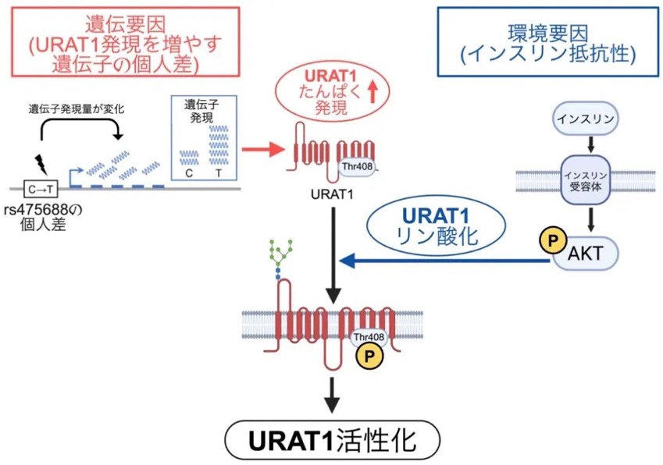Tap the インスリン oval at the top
[x=585, y=119]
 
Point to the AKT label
[x=585, y=254]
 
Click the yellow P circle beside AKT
[x=552, y=241]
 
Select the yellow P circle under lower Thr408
[x=369, y=356]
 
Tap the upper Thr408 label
[x=358, y=166]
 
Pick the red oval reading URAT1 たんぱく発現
[x=331, y=91]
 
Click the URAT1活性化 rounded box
[x=333, y=440]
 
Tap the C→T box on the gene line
[x=41, y=190]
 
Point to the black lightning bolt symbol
[x=41, y=163]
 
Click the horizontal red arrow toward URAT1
[x=262, y=149]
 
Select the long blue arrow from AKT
[x=445, y=261]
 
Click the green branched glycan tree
[x=281, y=252]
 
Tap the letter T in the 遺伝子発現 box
[x=218, y=173]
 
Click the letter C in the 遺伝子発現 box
[x=188, y=173]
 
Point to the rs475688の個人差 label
[x=43, y=217]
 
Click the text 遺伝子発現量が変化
[x=77, y=109]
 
